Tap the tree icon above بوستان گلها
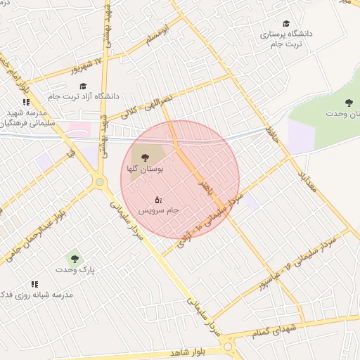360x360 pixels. pyautogui.click(x=146, y=157)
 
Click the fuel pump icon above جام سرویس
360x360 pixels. pyautogui.click(x=158, y=199)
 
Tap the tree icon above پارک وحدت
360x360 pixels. pyautogui.click(x=71, y=259)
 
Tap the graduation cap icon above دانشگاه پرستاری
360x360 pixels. pyautogui.click(x=285, y=25)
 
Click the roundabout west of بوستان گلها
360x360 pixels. pyautogui.click(x=100, y=182)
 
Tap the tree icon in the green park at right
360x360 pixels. pyautogui.click(x=349, y=103)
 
